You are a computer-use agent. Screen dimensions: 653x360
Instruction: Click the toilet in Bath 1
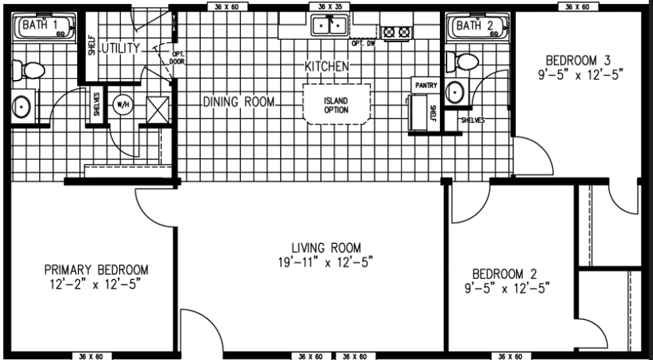(29, 71)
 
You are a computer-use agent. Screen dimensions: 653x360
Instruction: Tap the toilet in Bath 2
(462, 62)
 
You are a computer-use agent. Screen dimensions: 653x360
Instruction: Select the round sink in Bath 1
(21, 107)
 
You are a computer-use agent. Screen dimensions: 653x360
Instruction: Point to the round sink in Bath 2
(455, 91)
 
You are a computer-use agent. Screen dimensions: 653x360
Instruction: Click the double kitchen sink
(329, 25)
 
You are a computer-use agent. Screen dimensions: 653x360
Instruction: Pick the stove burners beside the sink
(397, 33)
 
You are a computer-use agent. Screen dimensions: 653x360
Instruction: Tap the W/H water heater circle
(123, 105)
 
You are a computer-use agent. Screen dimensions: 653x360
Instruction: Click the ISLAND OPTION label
(336, 105)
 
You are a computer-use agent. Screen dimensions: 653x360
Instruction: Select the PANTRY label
(426, 85)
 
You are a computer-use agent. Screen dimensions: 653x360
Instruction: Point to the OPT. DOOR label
(177, 58)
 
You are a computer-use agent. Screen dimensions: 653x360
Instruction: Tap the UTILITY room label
(121, 49)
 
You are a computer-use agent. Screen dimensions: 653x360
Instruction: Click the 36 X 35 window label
(329, 6)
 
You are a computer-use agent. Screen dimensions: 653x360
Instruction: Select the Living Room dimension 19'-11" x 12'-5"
(326, 263)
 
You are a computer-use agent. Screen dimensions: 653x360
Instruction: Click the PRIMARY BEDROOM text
(97, 270)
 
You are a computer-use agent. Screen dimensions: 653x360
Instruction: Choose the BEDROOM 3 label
(578, 61)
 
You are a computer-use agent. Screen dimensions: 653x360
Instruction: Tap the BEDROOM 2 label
(505, 274)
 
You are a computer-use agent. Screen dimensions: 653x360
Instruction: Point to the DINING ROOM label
(238, 102)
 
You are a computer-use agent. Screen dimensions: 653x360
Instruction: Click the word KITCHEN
(327, 66)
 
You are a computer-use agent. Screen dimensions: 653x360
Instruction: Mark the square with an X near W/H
(158, 110)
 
